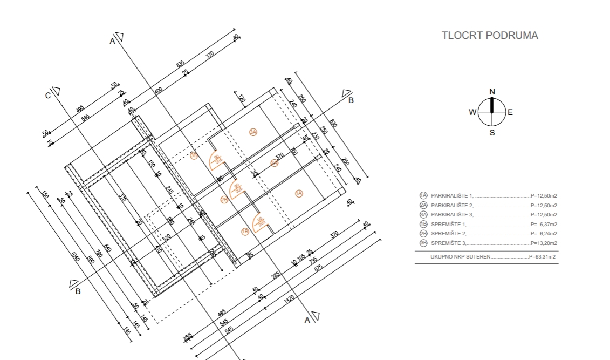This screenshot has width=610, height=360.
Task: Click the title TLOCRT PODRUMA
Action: tap(490, 36)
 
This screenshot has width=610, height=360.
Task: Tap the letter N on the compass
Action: tap(492, 92)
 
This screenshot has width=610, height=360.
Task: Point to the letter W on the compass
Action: tap(472, 112)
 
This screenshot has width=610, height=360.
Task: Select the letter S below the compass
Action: tap(492, 133)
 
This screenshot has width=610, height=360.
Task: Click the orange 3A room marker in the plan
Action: tap(253, 132)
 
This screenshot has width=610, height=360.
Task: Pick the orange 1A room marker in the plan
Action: tap(299, 193)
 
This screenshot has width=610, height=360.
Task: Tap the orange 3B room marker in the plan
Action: tap(195, 155)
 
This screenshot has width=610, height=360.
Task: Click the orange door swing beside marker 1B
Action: tap(261, 221)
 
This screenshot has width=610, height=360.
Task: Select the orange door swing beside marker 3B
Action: tap(217, 158)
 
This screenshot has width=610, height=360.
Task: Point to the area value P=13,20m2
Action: tap(544, 243)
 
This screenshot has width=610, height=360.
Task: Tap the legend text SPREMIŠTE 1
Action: tap(449, 224)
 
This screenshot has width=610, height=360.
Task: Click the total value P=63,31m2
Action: tap(543, 257)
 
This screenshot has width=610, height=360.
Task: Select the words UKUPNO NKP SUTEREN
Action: tap(461, 257)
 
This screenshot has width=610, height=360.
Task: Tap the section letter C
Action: tap(48, 96)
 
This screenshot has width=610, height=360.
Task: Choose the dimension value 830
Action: tap(334, 125)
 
